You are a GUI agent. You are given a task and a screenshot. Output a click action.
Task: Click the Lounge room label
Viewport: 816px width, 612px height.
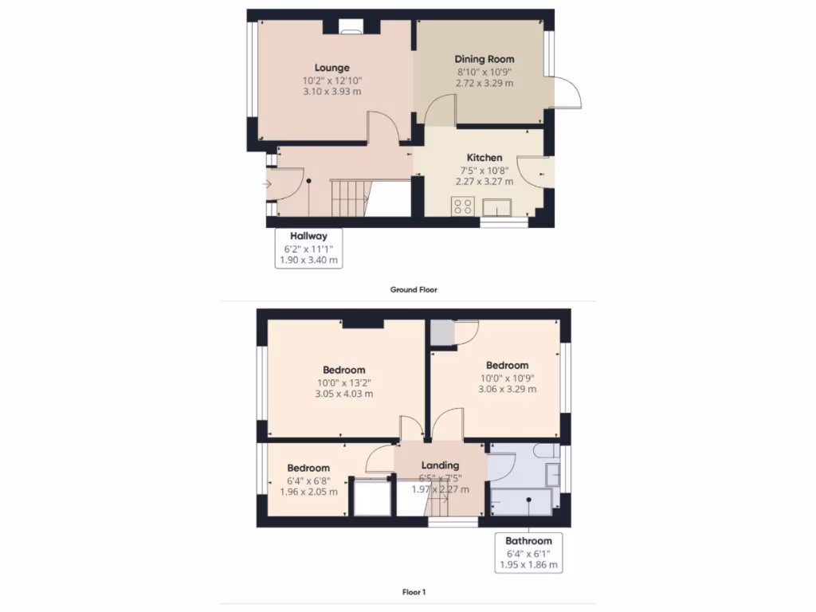pyautogui.click(x=331, y=68)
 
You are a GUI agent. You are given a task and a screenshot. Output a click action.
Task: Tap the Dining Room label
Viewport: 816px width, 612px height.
pyautogui.click(x=484, y=59)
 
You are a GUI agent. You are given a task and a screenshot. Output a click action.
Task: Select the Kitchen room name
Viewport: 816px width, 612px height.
pyautogui.click(x=484, y=158)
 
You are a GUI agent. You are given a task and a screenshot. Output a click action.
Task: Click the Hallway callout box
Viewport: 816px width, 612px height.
pyautogui.click(x=308, y=248)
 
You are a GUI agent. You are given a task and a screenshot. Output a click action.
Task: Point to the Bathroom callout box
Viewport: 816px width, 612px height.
pyautogui.click(x=528, y=552)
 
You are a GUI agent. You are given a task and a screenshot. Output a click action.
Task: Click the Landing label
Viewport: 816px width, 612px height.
pyautogui.click(x=440, y=465)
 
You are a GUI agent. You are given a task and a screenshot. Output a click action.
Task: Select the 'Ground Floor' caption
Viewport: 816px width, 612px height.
pyautogui.click(x=413, y=290)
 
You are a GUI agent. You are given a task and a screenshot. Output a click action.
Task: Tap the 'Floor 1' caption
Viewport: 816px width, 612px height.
pyautogui.click(x=414, y=592)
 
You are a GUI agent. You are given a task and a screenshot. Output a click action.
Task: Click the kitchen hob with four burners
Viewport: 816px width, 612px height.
pyautogui.click(x=462, y=206)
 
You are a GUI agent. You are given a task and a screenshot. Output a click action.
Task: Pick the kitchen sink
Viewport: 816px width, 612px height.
pyautogui.click(x=503, y=208)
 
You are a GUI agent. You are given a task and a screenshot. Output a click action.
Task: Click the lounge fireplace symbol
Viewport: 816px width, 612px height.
pyautogui.click(x=350, y=31)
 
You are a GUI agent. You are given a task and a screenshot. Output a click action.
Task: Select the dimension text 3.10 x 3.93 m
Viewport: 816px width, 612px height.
pyautogui.click(x=331, y=92)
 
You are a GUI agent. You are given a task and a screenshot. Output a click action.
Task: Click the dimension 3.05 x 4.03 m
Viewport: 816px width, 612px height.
pyautogui.click(x=343, y=394)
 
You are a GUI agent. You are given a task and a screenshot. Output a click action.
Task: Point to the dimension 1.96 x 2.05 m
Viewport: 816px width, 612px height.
pyautogui.click(x=308, y=492)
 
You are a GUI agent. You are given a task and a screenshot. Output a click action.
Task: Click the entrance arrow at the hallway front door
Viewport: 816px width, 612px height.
pyautogui.click(x=266, y=185)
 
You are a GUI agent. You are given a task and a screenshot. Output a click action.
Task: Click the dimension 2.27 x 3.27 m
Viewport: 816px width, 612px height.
pyautogui.click(x=484, y=182)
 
